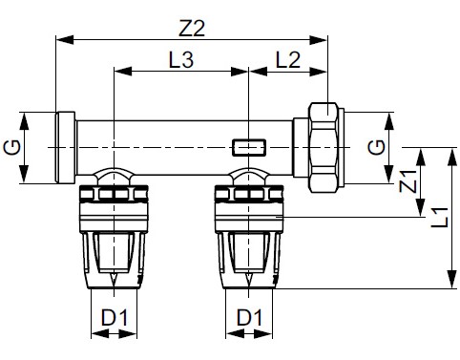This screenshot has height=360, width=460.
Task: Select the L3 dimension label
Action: coord(181,59)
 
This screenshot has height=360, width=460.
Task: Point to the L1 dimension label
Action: coord(438,218)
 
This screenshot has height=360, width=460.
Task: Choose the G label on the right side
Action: coord(378,148)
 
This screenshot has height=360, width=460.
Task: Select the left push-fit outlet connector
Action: coord(114,234)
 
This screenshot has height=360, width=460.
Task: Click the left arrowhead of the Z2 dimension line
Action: coord(60,39)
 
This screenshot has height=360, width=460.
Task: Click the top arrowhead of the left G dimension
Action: coord(25,116)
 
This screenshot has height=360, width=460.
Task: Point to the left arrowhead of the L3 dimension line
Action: coord(118,72)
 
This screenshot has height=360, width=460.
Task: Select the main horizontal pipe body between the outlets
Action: coord(181,148)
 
